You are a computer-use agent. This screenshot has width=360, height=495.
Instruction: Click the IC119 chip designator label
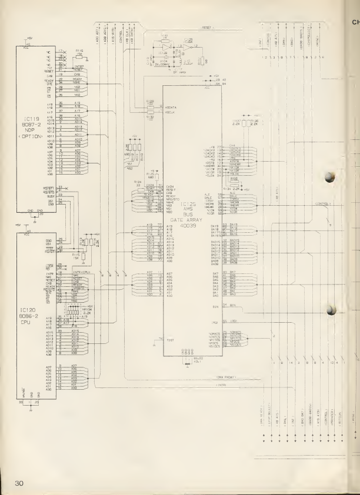(25, 125)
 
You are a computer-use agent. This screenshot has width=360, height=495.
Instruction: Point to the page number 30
(18, 483)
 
